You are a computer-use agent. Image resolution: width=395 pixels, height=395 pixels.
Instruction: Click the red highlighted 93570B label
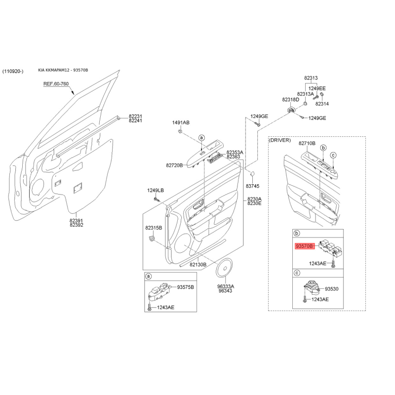click(305, 246)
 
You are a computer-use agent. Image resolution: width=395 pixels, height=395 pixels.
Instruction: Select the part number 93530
click(331, 289)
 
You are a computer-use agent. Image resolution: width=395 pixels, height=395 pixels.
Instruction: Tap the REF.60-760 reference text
click(56, 84)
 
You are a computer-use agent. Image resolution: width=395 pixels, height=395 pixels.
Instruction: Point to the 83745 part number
click(252, 186)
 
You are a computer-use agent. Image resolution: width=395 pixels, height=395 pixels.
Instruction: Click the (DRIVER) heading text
click(280, 140)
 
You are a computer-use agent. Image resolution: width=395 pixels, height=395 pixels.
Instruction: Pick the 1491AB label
click(181, 122)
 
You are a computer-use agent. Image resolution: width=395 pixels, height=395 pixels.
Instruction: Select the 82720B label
click(174, 165)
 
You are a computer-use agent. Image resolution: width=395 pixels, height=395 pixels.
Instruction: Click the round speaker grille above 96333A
click(224, 268)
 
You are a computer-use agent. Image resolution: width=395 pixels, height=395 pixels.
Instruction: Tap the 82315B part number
click(154, 228)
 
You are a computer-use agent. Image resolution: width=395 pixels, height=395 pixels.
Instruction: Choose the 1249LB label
click(156, 191)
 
